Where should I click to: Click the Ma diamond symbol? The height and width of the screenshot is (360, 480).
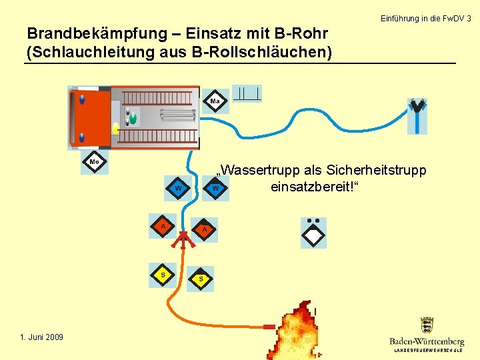click(215, 101)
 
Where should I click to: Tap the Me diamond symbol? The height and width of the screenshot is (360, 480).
click(94, 161)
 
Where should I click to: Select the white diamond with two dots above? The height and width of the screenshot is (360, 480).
click(313, 234)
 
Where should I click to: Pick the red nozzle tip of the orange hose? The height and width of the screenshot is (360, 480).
click(269, 327)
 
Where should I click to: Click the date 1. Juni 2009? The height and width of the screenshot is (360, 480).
click(41, 337)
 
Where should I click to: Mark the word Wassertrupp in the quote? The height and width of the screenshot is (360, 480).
click(259, 171)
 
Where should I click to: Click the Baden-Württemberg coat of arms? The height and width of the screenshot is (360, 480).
click(427, 326)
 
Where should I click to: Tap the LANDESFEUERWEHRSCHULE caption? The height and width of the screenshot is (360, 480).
click(427, 351)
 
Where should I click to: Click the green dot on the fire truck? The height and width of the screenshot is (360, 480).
click(133, 119)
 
